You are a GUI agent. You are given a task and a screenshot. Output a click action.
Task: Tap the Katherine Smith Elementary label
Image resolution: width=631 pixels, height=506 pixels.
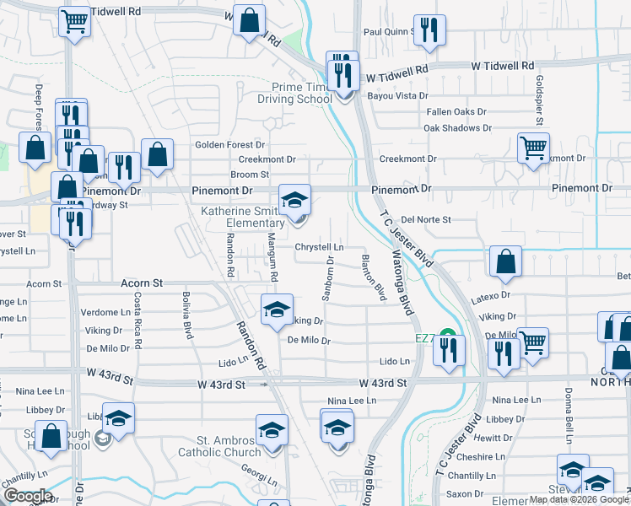click(x=244, y=217)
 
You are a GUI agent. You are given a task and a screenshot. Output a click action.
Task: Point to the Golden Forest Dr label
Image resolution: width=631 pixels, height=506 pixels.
click(x=229, y=145)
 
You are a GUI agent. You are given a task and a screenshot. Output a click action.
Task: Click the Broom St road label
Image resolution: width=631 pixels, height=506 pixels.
click(x=249, y=175)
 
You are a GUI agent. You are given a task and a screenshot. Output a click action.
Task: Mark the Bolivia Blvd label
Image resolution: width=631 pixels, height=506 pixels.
click(x=186, y=315)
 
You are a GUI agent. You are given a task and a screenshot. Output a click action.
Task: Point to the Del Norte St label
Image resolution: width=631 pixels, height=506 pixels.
click(x=426, y=219)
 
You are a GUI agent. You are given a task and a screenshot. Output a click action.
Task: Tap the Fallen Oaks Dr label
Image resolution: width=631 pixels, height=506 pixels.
click(x=456, y=111)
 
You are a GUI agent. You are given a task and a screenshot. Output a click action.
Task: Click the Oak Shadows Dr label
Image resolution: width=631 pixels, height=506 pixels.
click(x=456, y=128)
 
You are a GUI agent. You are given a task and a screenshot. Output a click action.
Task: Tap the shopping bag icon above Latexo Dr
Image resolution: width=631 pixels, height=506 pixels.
click(x=504, y=262)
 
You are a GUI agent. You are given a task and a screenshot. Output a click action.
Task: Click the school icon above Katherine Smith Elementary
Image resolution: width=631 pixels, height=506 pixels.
click(x=294, y=201)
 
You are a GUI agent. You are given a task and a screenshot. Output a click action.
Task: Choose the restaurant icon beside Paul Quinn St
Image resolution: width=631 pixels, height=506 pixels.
click(x=431, y=31)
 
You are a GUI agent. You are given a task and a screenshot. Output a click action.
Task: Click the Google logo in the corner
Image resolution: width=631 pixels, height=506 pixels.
click(x=27, y=496)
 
